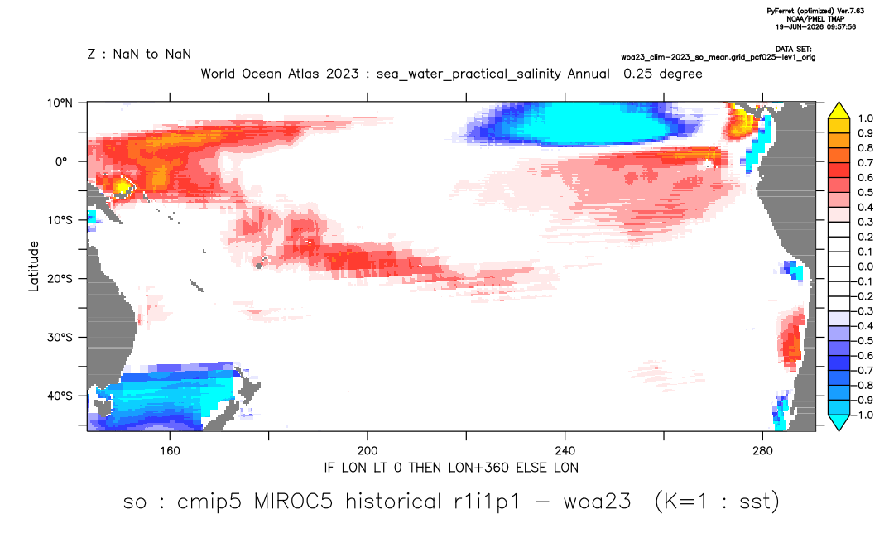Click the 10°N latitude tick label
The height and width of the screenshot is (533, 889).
click(x=60, y=103)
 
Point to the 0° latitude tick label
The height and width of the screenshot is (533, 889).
click(x=61, y=161)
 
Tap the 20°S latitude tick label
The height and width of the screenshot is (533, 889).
click(x=60, y=279)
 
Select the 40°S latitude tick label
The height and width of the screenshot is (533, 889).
click(x=60, y=396)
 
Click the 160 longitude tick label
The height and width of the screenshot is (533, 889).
click(x=170, y=451)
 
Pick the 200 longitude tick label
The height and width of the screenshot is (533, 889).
click(x=368, y=451)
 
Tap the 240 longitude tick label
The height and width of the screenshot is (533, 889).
click(x=565, y=451)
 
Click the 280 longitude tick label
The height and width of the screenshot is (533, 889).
click(x=762, y=451)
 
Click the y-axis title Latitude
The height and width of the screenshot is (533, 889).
click(x=34, y=266)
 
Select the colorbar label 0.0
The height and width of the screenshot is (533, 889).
click(x=865, y=267)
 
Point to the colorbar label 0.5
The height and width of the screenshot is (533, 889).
click(x=865, y=193)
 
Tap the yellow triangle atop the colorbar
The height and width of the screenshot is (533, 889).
click(x=839, y=111)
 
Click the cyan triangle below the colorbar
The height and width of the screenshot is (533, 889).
click(x=839, y=422)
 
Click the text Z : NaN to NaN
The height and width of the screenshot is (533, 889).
click(x=139, y=55)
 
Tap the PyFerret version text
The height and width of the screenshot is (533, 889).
click(x=815, y=11)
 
